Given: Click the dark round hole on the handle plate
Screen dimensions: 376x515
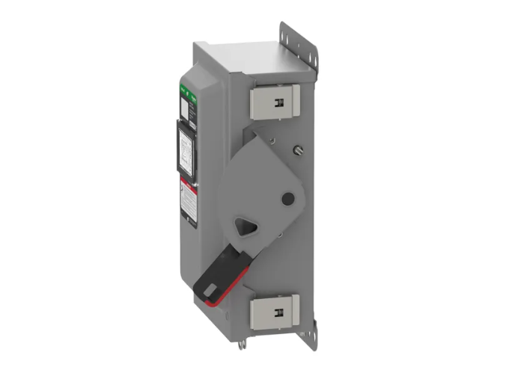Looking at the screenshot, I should point(286,199).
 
